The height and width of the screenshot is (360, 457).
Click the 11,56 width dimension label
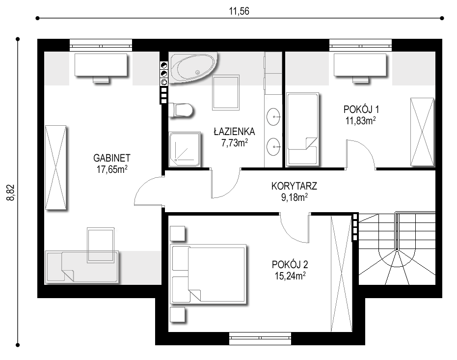(x=239, y=11)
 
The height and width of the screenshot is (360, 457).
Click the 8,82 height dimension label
(x=11, y=193)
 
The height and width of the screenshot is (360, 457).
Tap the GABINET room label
(x=111, y=158)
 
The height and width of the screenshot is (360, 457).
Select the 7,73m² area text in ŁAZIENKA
(x=235, y=143)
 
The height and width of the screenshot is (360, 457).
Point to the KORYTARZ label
(x=294, y=186)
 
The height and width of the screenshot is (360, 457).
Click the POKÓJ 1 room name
(x=361, y=110)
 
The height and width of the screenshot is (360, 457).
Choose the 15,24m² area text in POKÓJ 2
(x=290, y=276)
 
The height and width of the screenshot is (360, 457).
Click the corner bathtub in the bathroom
(x=193, y=67)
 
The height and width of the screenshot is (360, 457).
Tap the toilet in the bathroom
(x=181, y=110)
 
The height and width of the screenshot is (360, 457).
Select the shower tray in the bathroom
(x=185, y=149)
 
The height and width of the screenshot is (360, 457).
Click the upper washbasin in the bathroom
(x=273, y=116)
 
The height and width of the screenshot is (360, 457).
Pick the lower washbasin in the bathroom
(x=273, y=147)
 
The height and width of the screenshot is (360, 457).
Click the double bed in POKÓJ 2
(x=209, y=274)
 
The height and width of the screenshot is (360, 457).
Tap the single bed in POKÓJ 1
(x=302, y=130)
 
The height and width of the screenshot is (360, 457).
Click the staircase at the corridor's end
(x=397, y=249)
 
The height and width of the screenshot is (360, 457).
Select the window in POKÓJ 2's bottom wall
(x=260, y=338)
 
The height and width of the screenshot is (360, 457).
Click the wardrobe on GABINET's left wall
(x=55, y=167)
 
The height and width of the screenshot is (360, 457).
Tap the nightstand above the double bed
(x=178, y=233)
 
